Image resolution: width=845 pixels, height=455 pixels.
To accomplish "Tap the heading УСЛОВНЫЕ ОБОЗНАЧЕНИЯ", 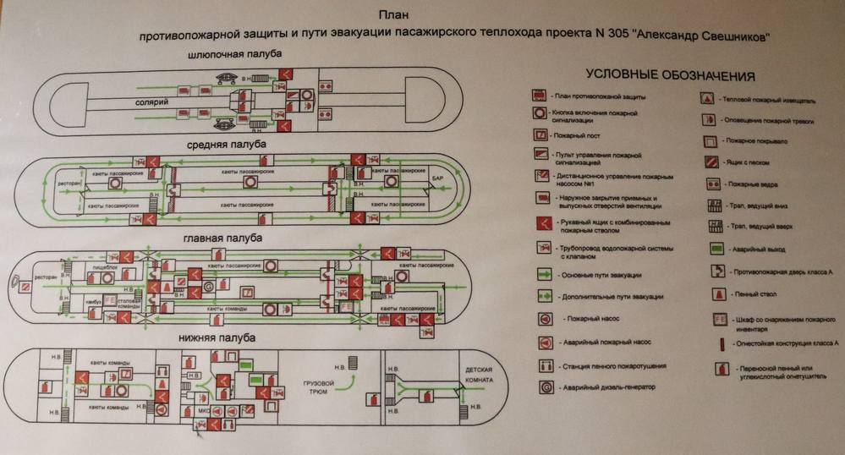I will click(x=658, y=76).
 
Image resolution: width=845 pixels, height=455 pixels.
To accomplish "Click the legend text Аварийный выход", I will click(x=748, y=249).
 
